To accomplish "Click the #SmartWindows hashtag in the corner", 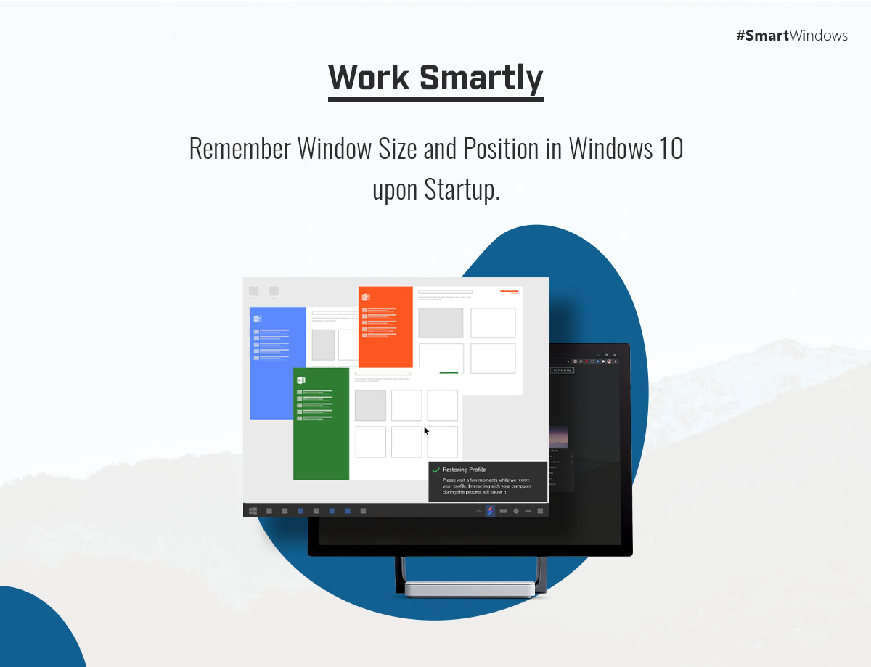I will (792, 36).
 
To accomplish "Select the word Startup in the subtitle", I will (458, 189).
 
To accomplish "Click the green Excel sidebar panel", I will (321, 435).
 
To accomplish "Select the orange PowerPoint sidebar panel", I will (385, 341).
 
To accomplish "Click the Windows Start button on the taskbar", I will (253, 511).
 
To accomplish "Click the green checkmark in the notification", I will (436, 470).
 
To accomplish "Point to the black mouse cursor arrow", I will (427, 431).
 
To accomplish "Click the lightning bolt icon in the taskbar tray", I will (490, 511).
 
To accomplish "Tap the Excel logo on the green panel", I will (300, 380).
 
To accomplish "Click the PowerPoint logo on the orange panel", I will (366, 297).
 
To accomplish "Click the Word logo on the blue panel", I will (258, 318).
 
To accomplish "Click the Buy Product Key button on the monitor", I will (563, 370).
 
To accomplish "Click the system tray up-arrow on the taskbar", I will (478, 511).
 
